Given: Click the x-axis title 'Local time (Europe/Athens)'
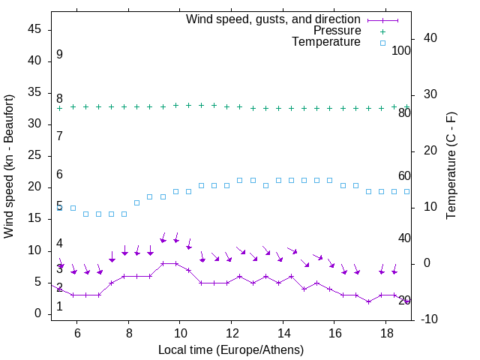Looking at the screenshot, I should pyautogui.click(x=231, y=350).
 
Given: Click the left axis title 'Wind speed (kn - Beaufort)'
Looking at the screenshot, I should pyautogui.click(x=9, y=166).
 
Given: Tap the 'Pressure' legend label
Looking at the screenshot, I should pyautogui.click(x=337, y=31).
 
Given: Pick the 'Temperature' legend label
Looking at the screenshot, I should pyautogui.click(x=326, y=43).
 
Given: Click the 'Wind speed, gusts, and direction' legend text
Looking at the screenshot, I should pyautogui.click(x=274, y=19).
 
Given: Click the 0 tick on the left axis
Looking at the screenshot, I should pyautogui.click(x=37, y=314).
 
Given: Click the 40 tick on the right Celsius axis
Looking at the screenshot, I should pyautogui.click(x=430, y=38).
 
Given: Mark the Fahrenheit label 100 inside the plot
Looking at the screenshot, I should pyautogui.click(x=401, y=51).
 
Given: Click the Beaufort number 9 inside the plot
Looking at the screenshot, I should pyautogui.click(x=59, y=55).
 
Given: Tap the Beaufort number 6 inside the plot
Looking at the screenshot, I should pyautogui.click(x=59, y=175).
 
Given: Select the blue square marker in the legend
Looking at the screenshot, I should pyautogui.click(x=382, y=43).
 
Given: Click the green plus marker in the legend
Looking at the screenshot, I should pyautogui.click(x=382, y=31).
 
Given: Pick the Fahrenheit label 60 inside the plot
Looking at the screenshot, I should pyautogui.click(x=404, y=176).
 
